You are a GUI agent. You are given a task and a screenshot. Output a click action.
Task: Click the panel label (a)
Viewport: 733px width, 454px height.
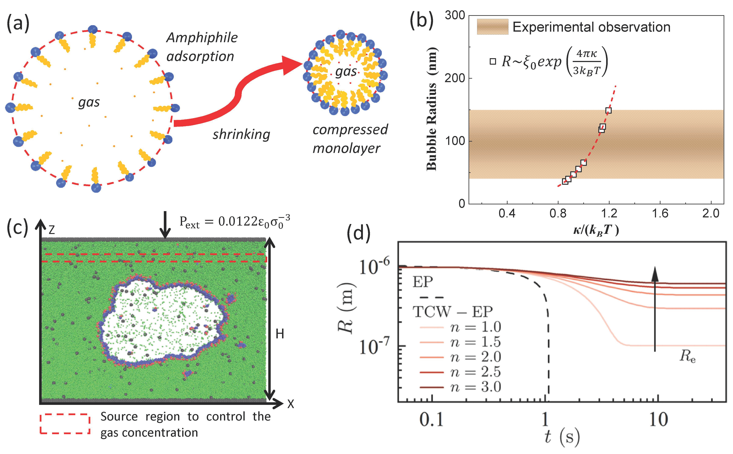click(x=18, y=23)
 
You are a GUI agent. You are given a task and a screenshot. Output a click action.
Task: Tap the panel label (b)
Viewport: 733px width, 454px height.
click(x=421, y=22)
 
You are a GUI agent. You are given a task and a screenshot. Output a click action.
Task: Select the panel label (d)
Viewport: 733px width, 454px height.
click(x=358, y=233)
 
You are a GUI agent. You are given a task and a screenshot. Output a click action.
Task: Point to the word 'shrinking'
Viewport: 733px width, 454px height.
click(x=241, y=134)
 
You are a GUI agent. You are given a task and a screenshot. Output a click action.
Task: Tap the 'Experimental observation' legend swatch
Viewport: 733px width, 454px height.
click(x=493, y=27)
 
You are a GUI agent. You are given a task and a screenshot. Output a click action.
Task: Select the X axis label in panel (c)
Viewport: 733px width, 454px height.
click(x=290, y=404)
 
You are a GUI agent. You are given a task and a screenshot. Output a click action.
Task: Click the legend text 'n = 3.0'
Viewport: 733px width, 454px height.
click(x=475, y=387)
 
